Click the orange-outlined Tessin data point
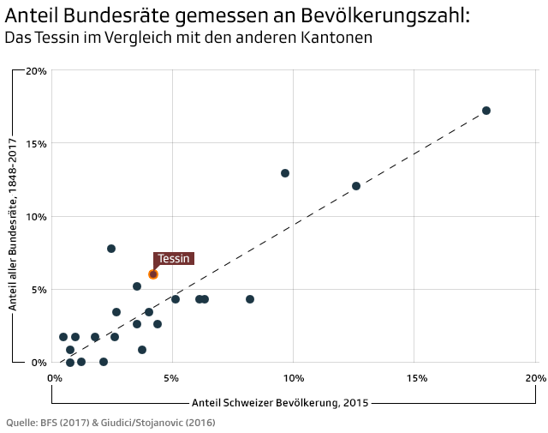tap(153, 274)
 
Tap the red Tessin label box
tap(173, 258)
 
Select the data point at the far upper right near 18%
tap(486, 111)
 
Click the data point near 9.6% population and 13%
tap(285, 173)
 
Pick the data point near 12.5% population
tap(356, 186)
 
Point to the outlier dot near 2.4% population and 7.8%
tap(111, 249)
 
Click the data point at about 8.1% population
tap(250, 299)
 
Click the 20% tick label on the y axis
tap(36, 71)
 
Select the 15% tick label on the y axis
tap(36, 144)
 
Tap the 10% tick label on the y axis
tap(36, 217)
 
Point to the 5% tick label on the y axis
tap(39, 290)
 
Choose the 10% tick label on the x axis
tap(293, 378)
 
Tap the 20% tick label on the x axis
tap(534, 378)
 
